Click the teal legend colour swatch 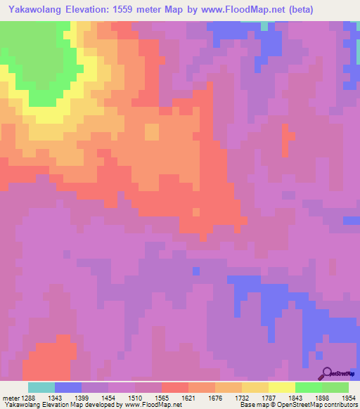coord(41,387)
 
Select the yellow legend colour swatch coord(282,387)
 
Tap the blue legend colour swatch coord(68,387)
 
